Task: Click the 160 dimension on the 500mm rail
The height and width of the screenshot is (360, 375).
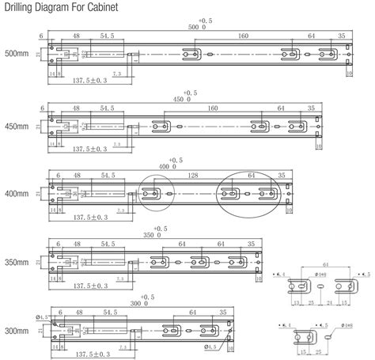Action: coord(242,36)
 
